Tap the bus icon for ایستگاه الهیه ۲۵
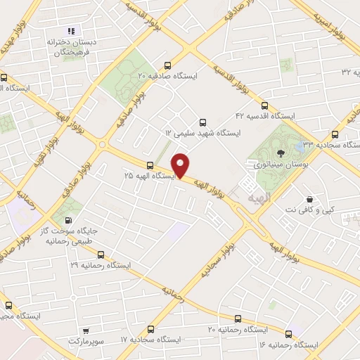tap(149, 165)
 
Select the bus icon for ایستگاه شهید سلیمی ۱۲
tap(204, 122)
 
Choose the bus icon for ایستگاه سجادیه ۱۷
tap(151, 328)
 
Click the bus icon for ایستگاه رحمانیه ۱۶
tap(288, 333)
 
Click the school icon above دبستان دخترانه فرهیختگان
tap(70, 31)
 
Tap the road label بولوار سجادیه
tap(217, 258)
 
